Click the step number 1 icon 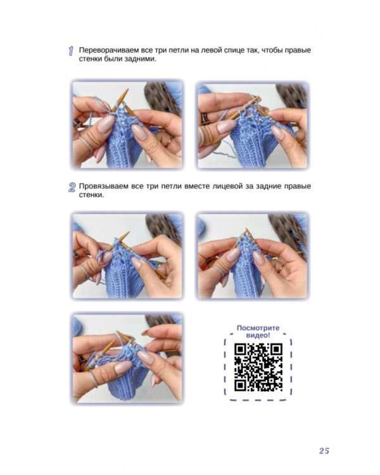point(71,51)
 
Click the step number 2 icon point(72,187)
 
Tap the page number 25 point(324,451)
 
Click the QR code point(258,367)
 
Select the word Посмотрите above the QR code point(258,328)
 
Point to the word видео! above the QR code point(258,335)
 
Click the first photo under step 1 point(127,125)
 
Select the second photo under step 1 point(253,125)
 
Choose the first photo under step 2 point(127,256)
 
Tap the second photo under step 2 point(253,256)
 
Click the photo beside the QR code point(127,358)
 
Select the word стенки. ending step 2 point(91,196)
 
